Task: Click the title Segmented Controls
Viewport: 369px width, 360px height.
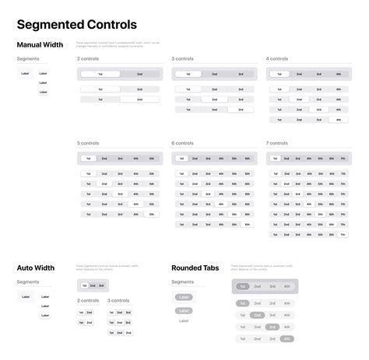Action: tap(76, 25)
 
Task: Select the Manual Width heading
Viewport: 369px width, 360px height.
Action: tap(40, 44)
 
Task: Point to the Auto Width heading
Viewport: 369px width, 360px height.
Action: tap(35, 267)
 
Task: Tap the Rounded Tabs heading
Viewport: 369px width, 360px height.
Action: tap(195, 267)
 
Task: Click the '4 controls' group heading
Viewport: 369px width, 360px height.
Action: tap(278, 58)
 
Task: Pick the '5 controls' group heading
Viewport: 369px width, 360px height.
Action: tap(88, 143)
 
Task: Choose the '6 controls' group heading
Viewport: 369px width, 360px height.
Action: tap(183, 143)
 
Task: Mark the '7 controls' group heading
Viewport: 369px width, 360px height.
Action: tap(277, 143)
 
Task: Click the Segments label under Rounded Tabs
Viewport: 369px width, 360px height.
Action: tap(182, 281)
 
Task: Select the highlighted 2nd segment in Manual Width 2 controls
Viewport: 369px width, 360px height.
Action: tap(139, 100)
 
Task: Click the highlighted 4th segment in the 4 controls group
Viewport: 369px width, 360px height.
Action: tap(338, 120)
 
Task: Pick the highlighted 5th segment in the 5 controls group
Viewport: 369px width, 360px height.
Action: tap(151, 214)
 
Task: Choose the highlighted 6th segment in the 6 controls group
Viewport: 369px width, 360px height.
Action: tap(247, 224)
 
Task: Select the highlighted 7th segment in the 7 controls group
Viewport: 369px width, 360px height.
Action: tap(343, 234)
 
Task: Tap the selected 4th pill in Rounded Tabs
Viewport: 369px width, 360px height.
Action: tap(286, 339)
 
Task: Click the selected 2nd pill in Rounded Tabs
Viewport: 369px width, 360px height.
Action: tap(257, 315)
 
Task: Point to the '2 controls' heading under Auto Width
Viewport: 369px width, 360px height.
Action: tap(88, 300)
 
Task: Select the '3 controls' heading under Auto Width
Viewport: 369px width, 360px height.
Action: tap(118, 300)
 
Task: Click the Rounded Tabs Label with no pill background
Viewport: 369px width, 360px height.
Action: tap(184, 320)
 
